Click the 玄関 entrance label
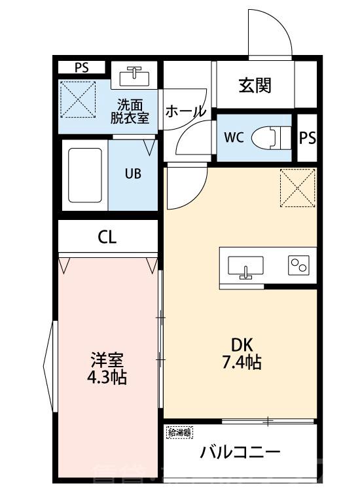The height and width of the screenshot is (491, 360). pyautogui.click(x=255, y=85)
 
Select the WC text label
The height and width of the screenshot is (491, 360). pyautogui.click(x=234, y=138)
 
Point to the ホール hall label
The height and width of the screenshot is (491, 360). pyautogui.click(x=185, y=112)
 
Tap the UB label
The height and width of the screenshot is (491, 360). pyautogui.click(x=132, y=174)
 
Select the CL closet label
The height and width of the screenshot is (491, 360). pyautogui.click(x=108, y=237)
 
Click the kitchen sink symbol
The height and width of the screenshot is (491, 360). pyautogui.click(x=245, y=266)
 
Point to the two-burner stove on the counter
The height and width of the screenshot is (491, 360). pyautogui.click(x=298, y=265)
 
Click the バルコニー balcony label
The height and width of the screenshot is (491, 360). pyautogui.click(x=240, y=452)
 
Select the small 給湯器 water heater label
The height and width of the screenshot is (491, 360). pyautogui.click(x=180, y=432)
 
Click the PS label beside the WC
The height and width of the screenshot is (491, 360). pyautogui.click(x=308, y=138)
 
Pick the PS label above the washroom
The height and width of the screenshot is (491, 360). pyautogui.click(x=81, y=67)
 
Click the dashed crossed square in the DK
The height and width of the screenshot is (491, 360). pyautogui.click(x=298, y=188)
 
